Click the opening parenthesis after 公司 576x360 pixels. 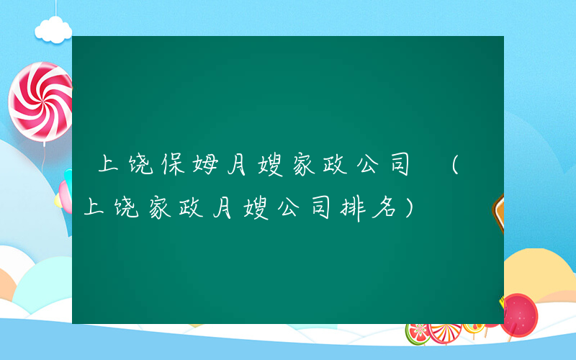pos(455,166)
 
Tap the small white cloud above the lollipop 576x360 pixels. pos(54,29)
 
